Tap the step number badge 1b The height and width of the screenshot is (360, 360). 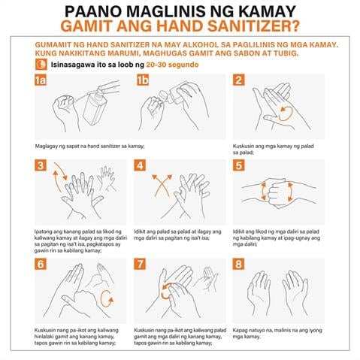(141, 81)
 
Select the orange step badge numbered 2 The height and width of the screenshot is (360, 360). (239, 81)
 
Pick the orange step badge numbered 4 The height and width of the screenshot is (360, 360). (140, 166)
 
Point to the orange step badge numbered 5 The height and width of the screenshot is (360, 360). (239, 166)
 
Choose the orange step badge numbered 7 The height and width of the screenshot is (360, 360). (140, 265)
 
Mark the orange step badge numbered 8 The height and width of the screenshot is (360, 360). (239, 265)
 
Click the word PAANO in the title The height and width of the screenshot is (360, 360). (96, 12)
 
